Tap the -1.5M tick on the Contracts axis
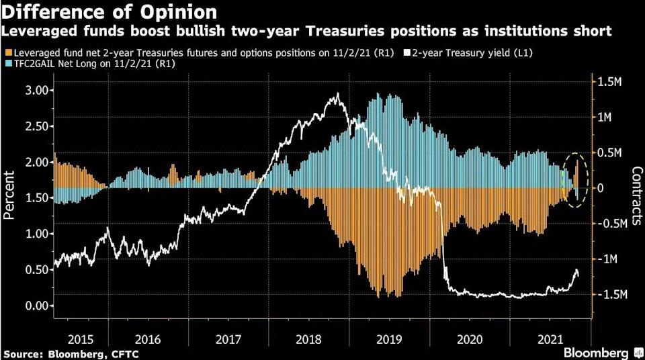click(x=611, y=295)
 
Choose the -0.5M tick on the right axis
click(x=611, y=224)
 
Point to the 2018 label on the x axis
click(x=310, y=340)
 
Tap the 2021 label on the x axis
click(x=551, y=340)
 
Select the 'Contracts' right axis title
click(x=635, y=195)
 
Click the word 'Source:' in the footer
click(x=22, y=353)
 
